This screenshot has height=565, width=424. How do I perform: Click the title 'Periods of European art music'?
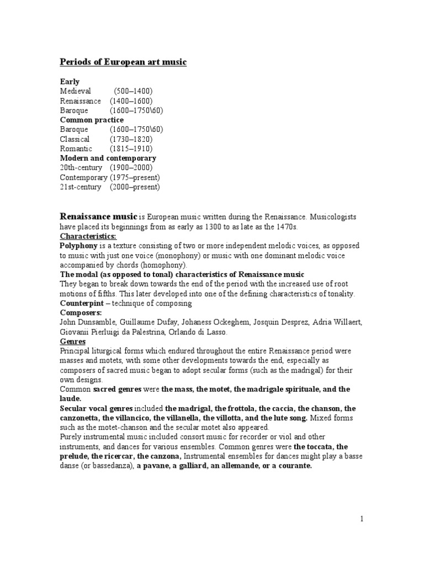click(x=123, y=62)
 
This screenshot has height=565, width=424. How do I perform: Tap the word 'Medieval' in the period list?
click(x=75, y=91)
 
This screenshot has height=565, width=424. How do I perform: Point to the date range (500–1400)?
click(x=134, y=91)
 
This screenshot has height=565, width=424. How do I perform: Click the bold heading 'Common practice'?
click(x=92, y=120)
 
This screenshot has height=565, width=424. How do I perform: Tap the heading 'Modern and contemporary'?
click(x=108, y=158)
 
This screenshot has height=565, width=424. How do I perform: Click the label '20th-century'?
click(x=81, y=168)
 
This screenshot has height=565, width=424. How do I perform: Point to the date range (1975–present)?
click(x=135, y=177)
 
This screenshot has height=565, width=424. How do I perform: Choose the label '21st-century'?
click(x=81, y=187)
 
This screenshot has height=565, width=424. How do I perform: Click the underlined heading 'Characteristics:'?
click(x=88, y=236)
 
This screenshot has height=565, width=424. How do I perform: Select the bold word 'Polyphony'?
click(x=78, y=246)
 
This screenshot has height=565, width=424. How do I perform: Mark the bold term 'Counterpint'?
click(x=81, y=303)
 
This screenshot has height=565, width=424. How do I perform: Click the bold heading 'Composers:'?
click(x=81, y=313)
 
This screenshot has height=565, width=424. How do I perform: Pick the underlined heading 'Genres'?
click(x=73, y=342)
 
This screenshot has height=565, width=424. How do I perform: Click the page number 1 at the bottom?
click(x=362, y=519)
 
